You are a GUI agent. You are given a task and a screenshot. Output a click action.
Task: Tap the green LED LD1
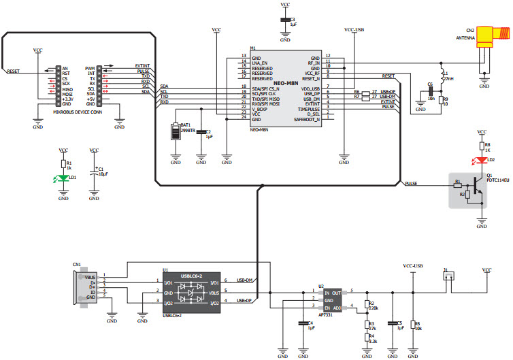[x=63, y=178]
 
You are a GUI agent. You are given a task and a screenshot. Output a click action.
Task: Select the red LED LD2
[x=482, y=161]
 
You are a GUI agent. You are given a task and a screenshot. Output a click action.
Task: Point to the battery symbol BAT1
[x=176, y=129]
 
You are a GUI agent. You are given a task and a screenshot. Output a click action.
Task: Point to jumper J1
[x=448, y=276]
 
